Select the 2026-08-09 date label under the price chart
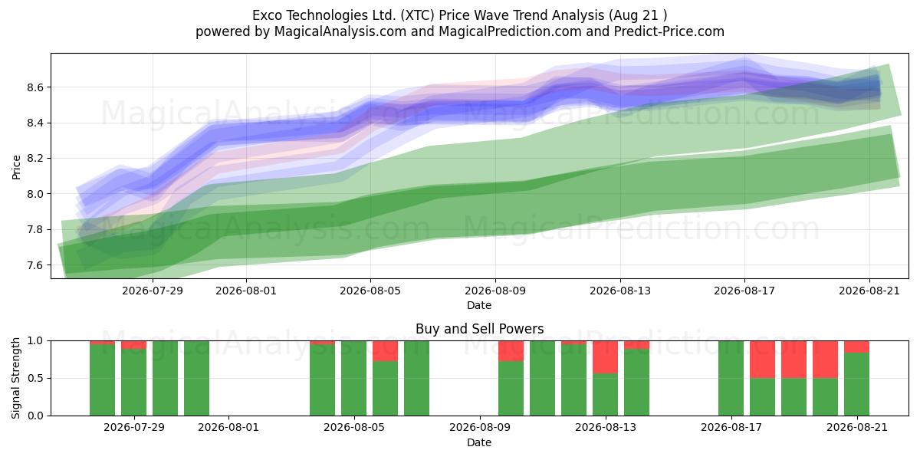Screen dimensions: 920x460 point(495,291)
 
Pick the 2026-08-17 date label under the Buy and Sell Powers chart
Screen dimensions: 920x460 point(731,427)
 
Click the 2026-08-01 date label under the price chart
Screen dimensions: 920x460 point(246,291)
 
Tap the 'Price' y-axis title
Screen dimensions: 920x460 point(16,167)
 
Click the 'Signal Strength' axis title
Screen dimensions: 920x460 point(15,378)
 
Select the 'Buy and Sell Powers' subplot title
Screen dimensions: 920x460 point(479,329)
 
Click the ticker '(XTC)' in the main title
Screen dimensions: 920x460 point(417,15)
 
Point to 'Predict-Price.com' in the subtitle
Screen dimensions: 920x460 point(669,31)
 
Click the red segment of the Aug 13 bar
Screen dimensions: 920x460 point(605,357)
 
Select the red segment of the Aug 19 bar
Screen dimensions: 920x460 point(793,360)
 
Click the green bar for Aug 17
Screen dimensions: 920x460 point(731,378)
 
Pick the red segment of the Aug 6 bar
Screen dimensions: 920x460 point(385,351)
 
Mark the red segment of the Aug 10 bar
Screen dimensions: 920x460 point(511,351)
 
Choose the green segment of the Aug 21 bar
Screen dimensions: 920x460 point(856,384)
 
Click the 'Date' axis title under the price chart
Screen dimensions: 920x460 point(479,305)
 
